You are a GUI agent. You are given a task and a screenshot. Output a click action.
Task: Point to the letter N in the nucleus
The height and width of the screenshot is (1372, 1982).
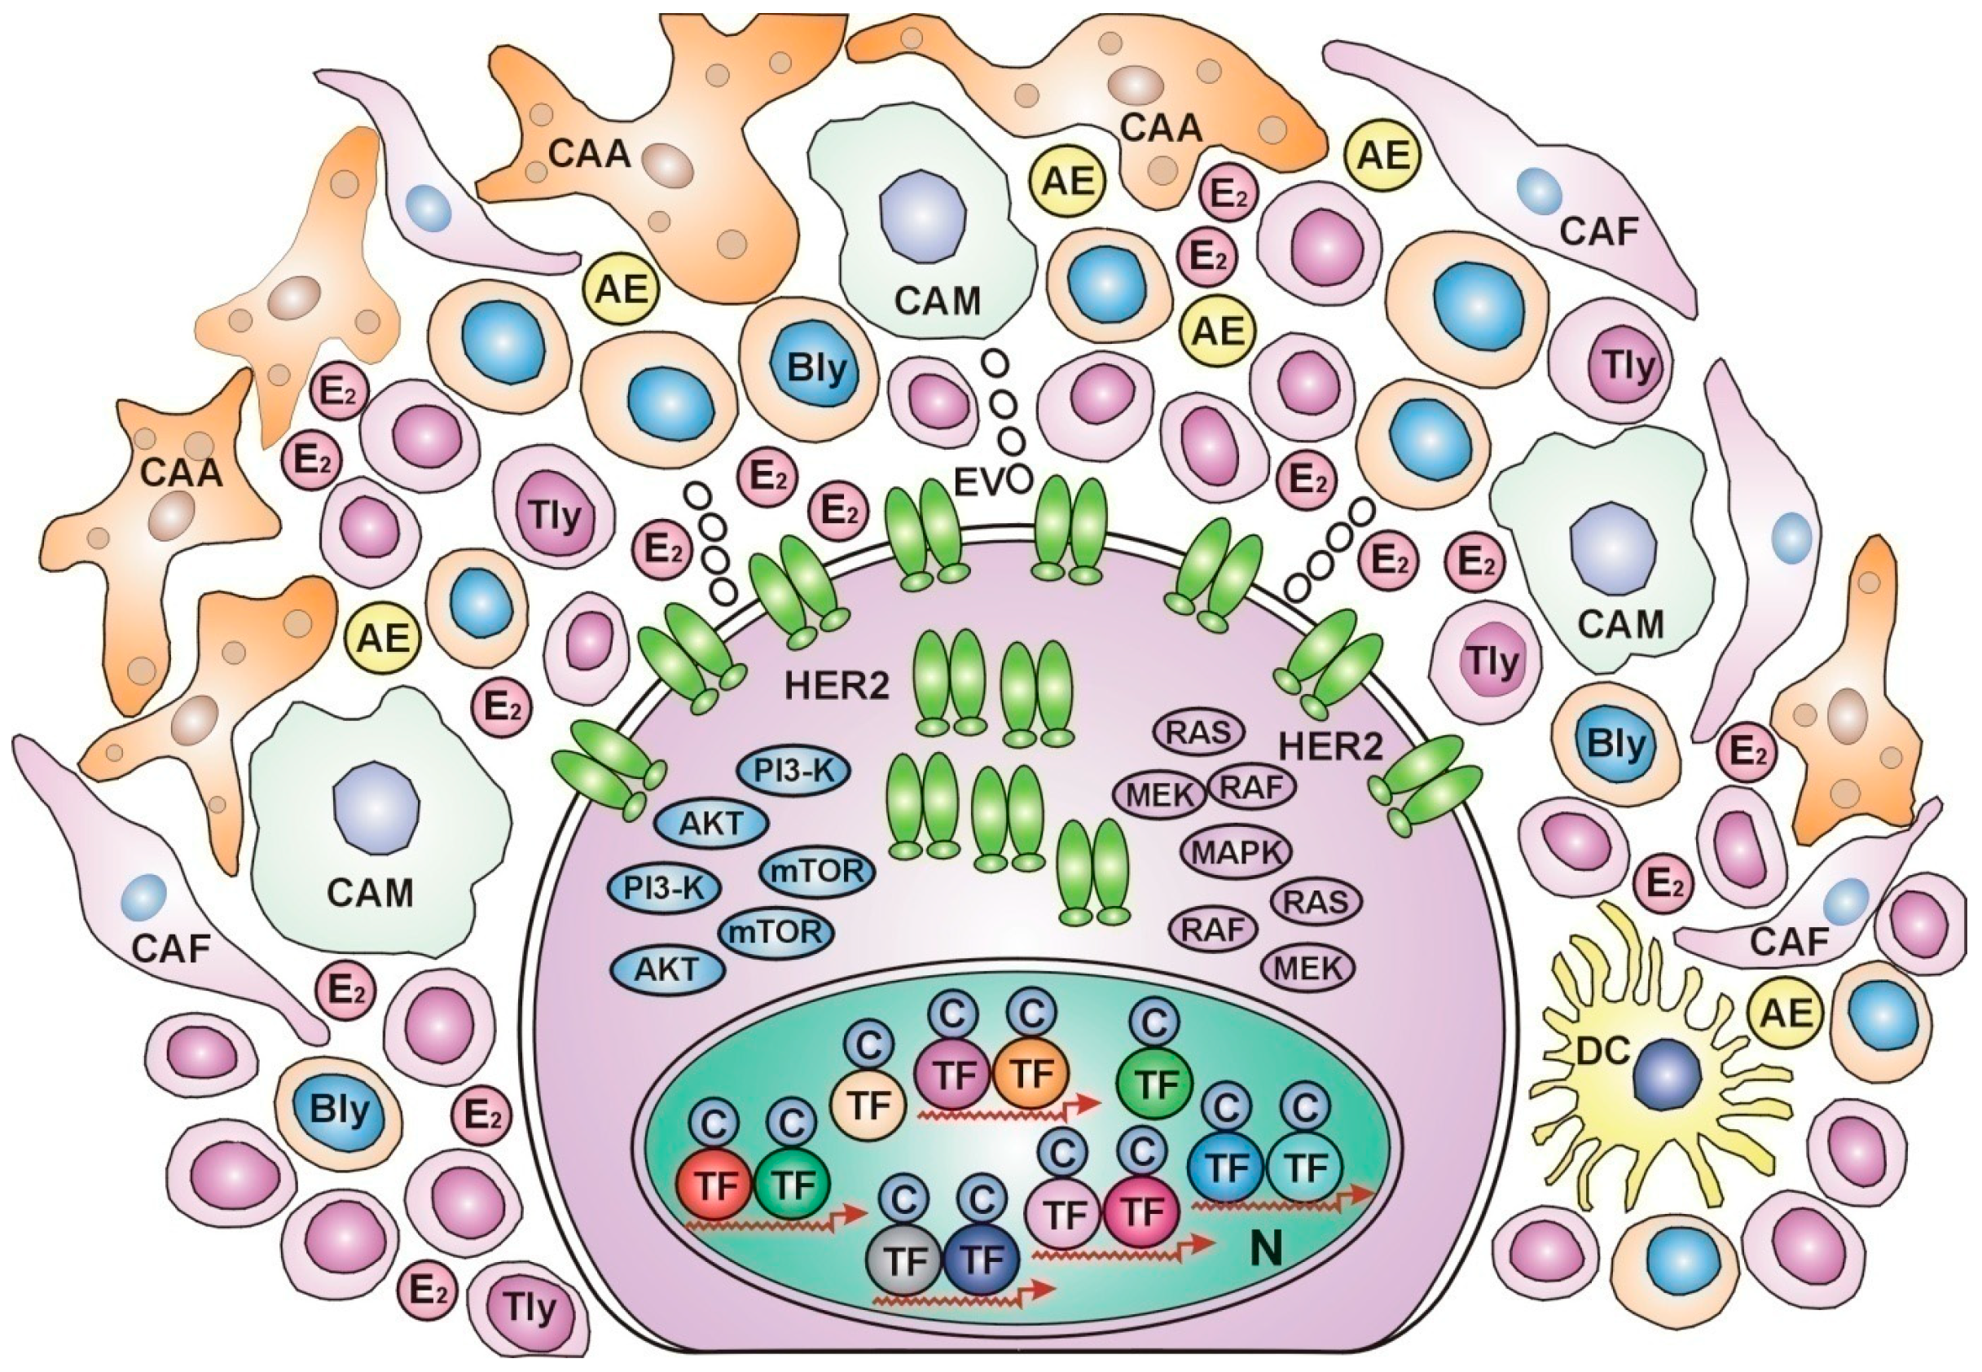[x=1264, y=1248]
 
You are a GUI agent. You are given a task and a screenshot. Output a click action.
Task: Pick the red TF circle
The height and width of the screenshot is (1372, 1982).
[x=715, y=1186]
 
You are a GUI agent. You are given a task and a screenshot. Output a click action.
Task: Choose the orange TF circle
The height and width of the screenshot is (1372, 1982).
[x=1031, y=1074]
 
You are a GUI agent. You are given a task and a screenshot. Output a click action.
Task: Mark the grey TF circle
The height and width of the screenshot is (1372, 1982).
[x=906, y=1261]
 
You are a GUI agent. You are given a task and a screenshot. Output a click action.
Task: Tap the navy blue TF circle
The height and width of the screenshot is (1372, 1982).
[x=982, y=1261]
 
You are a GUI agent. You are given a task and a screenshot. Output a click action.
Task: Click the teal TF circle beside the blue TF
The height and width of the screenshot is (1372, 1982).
[x=1306, y=1168]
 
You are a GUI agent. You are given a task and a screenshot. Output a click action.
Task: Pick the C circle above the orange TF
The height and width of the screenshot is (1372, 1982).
[x=1031, y=1014]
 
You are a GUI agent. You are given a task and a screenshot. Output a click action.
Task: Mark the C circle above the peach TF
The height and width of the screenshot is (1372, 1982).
[x=869, y=1044]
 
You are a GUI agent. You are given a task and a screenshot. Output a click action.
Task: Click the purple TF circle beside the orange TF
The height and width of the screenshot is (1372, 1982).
[x=953, y=1075]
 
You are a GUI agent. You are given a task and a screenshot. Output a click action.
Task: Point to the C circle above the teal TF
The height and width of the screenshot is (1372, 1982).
[x=1306, y=1107]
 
